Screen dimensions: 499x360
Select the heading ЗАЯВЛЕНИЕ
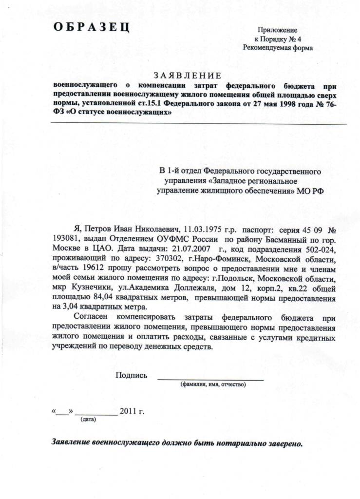coord(188,75)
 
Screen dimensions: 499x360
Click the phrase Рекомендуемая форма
coord(278,48)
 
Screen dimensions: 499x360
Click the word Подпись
coord(131,375)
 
